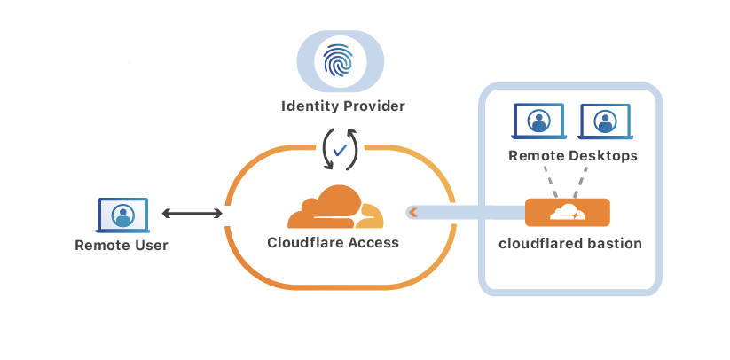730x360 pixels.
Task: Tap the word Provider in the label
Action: pos(372,106)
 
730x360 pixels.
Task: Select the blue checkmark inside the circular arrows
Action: pos(340,148)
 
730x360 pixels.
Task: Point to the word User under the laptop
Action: pos(150,245)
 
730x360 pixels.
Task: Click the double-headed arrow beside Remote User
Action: pos(192,213)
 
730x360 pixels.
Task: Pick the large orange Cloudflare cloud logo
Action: pos(335,208)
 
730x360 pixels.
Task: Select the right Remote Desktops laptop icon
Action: pos(604,121)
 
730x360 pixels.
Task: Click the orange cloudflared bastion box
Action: pos(568,212)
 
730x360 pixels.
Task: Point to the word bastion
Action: pos(612,242)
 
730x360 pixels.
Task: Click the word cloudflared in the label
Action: pos(538,242)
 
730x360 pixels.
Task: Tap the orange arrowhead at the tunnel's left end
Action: pos(413,212)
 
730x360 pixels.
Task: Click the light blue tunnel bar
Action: pos(470,212)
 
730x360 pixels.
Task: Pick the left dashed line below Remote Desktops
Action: pos(553,184)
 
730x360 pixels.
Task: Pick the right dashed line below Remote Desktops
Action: pos(581,184)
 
